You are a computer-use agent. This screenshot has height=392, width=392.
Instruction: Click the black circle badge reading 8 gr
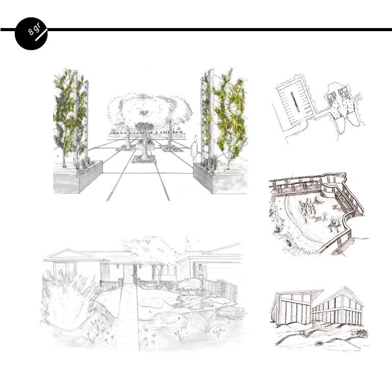pos(31,34)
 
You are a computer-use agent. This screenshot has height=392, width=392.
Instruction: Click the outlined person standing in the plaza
pos(194,149)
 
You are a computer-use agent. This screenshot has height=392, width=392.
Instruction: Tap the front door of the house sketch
pos(129,274)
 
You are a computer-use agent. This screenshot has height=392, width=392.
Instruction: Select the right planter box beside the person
pos(219,179)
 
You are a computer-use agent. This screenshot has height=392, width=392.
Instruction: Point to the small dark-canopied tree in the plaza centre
pos(144,140)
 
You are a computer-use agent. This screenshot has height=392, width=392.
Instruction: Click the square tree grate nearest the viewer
pos(144,159)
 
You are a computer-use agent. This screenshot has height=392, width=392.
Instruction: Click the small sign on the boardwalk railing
pos(340,175)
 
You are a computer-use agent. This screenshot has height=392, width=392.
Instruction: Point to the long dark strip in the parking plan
pos(295,102)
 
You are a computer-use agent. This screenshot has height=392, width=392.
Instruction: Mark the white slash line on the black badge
pos(41,35)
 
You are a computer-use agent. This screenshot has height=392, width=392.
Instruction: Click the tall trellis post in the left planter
pos(75,117)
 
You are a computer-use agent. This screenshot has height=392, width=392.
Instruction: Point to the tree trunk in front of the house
pos(157,275)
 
